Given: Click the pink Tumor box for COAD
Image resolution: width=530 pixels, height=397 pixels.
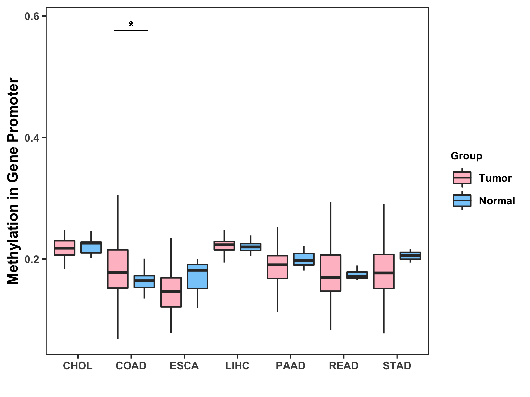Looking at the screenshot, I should pyautogui.click(x=118, y=269).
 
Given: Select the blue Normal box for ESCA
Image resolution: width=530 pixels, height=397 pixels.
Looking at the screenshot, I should pyautogui.click(x=197, y=277).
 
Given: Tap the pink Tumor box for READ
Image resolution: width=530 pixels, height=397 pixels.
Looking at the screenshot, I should pyautogui.click(x=330, y=273).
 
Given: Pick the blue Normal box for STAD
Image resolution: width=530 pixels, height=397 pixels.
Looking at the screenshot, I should pyautogui.click(x=410, y=256).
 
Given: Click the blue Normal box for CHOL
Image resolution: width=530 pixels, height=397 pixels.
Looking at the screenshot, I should pyautogui.click(x=91, y=247).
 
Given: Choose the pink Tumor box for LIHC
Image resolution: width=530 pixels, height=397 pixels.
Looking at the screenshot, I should pyautogui.click(x=224, y=245).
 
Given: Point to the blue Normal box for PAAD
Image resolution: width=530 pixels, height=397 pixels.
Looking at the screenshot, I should pyautogui.click(x=304, y=259).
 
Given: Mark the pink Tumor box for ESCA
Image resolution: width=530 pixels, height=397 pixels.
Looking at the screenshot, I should pyautogui.click(x=171, y=292).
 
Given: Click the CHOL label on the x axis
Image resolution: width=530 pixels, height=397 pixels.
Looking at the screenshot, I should pyautogui.click(x=78, y=366).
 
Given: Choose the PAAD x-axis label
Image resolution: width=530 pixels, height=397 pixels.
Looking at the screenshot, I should pyautogui.click(x=291, y=366).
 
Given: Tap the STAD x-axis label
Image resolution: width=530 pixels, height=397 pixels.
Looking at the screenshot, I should pyautogui.click(x=397, y=366).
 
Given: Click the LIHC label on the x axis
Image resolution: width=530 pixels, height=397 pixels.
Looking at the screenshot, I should pyautogui.click(x=237, y=366).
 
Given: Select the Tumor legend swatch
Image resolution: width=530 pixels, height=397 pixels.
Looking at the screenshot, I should pyautogui.click(x=462, y=178).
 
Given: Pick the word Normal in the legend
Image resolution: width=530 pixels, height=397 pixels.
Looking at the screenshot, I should pyautogui.click(x=497, y=201).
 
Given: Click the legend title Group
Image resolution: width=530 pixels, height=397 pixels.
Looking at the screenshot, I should pyautogui.click(x=466, y=156).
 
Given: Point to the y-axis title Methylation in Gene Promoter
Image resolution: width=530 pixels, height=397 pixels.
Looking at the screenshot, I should pyautogui.click(x=13, y=181).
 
